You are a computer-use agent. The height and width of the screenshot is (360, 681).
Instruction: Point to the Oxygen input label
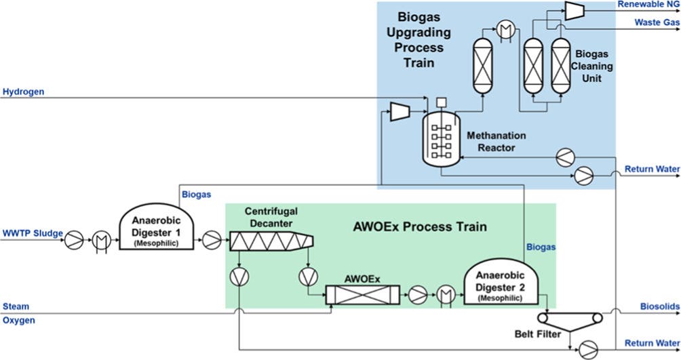coord(19,320)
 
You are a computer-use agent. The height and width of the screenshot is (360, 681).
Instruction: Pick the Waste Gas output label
coord(657,22)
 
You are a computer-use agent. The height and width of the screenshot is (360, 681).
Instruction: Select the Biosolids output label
coord(660,306)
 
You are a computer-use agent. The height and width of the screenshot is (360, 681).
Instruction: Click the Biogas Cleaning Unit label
coord(594,66)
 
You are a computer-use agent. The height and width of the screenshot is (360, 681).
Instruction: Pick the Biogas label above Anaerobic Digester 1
coord(196,195)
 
